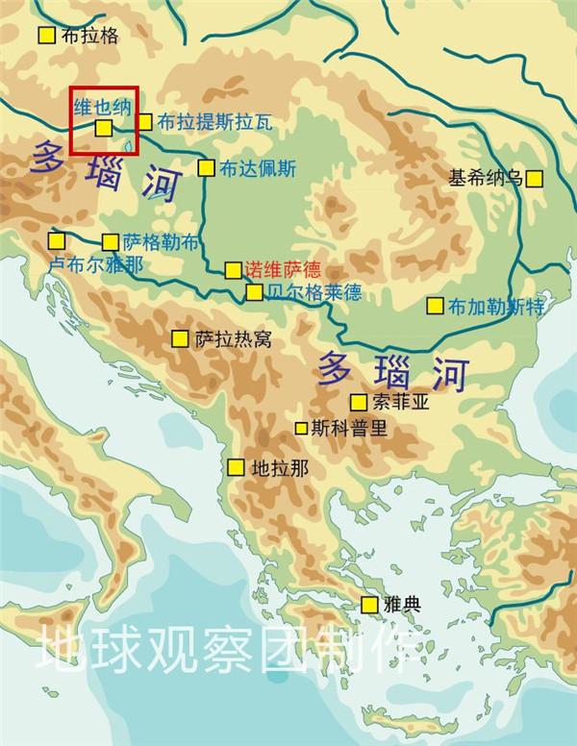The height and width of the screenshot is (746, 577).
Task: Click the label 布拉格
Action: (x=89, y=36)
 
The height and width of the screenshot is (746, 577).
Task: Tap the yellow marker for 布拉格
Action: (x=46, y=36)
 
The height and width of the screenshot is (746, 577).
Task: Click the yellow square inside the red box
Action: (x=104, y=127)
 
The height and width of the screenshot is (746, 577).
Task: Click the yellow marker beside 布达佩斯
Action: (x=206, y=168)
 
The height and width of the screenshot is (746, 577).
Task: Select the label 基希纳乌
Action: (x=486, y=178)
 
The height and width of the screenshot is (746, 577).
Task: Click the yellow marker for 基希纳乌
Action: (x=535, y=178)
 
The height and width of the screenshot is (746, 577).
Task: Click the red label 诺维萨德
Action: (x=283, y=269)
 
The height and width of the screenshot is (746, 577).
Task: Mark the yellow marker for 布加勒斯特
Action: (x=435, y=307)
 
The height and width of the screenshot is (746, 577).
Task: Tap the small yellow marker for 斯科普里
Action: (x=302, y=428)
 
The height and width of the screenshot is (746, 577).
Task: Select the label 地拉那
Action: (x=279, y=468)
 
